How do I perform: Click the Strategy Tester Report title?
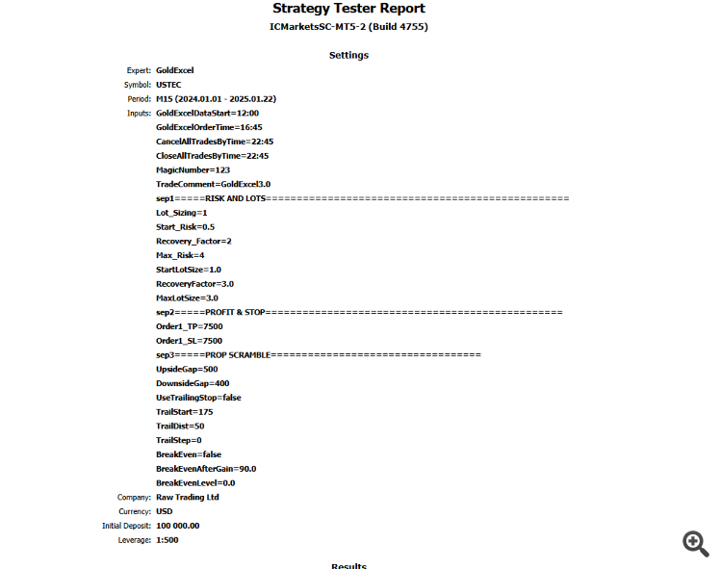[x=348, y=9]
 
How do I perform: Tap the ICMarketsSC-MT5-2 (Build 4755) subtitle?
[x=348, y=27]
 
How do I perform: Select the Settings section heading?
[x=348, y=55]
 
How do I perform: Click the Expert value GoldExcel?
[x=174, y=70]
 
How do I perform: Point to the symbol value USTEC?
[x=168, y=85]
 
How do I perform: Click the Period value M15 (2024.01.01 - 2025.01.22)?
[x=216, y=98]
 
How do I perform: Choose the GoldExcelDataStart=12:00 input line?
[x=207, y=113]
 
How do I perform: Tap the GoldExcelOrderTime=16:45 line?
[x=209, y=127]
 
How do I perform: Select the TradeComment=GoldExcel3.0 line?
[x=213, y=184]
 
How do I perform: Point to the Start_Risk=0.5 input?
[x=185, y=227]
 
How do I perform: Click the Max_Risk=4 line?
[x=180, y=255]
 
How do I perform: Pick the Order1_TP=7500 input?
[x=189, y=326]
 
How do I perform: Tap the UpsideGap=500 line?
[x=187, y=369]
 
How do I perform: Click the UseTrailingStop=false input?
[x=198, y=398]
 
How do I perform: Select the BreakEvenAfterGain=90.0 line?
[x=206, y=469]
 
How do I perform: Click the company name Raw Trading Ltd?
[x=187, y=497]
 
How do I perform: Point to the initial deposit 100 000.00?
[x=177, y=526]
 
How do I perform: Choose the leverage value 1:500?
[x=167, y=540]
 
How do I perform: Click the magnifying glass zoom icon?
[x=695, y=543]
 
